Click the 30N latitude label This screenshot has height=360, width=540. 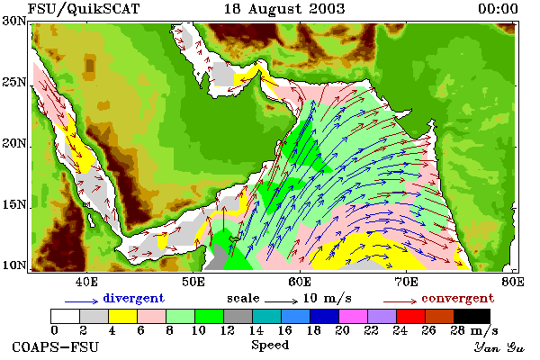[14, 21]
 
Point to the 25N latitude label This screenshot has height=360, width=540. [14, 82]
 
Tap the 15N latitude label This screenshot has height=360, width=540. [14, 205]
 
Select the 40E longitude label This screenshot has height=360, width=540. [86, 282]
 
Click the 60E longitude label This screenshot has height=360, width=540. [300, 282]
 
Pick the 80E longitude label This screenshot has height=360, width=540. [513, 282]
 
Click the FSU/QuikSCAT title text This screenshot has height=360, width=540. [84, 9]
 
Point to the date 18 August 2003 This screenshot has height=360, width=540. [284, 9]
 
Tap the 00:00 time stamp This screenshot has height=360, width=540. [498, 9]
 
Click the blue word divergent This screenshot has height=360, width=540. [133, 298]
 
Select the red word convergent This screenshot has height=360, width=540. [458, 298]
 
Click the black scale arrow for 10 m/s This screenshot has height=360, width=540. [281, 301]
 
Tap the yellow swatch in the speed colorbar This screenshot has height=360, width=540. [122, 316]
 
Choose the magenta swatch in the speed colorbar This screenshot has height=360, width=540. [353, 316]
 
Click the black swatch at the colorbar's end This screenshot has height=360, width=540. [472, 316]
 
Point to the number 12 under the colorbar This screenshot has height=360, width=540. [227, 330]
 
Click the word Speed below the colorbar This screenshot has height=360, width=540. [270, 346]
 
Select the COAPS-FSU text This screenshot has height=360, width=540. [56, 346]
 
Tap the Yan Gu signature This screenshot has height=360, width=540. [499, 347]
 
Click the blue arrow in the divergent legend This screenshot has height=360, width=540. [82, 301]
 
